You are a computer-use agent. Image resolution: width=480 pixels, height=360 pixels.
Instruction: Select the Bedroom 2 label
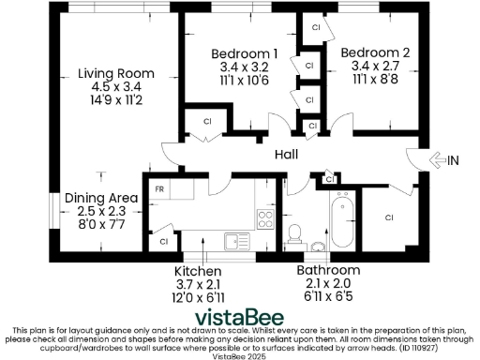[x=374, y=52]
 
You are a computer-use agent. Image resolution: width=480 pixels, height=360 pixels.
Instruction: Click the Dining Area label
[x=101, y=198]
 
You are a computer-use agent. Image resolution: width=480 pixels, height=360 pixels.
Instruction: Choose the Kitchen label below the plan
[x=199, y=270]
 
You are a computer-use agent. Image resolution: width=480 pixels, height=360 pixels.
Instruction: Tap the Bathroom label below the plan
[x=328, y=270]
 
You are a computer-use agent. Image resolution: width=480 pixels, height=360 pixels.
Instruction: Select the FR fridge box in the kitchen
[x=160, y=188]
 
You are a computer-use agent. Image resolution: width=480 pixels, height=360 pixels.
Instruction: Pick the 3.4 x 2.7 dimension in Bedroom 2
[x=374, y=67]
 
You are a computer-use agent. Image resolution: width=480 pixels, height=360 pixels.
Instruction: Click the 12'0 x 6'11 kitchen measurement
[x=199, y=296]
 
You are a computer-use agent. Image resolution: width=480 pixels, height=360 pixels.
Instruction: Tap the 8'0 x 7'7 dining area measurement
[x=101, y=224]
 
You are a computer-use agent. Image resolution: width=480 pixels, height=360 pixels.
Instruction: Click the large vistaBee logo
[x=239, y=316]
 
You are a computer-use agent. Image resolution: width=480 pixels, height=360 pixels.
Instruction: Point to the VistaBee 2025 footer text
[x=240, y=355]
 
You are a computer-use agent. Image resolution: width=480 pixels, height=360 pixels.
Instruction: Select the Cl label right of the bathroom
[x=389, y=217]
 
